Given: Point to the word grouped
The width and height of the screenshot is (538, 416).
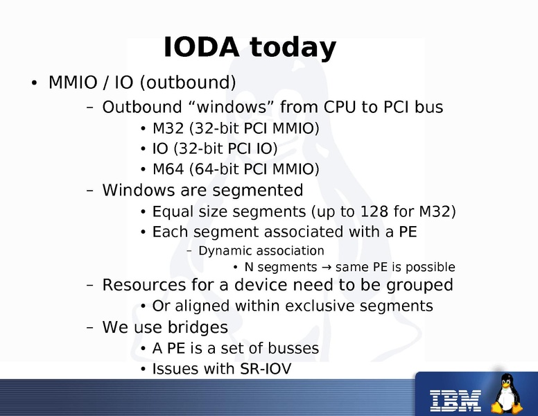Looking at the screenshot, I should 420,285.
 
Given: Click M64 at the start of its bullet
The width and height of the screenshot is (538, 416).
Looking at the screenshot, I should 167,169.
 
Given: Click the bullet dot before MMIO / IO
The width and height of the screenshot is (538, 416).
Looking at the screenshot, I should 33,85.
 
